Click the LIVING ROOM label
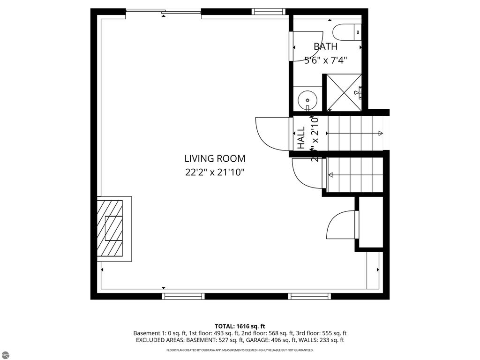[214, 158]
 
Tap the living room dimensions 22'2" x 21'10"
[214, 172]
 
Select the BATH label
[325, 46]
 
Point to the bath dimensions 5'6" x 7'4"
[325, 60]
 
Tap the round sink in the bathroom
[307, 99]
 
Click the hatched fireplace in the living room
[110, 228]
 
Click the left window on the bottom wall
[183, 296]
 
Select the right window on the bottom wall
[309, 296]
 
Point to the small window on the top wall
[269, 12]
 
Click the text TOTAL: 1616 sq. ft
[240, 326]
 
